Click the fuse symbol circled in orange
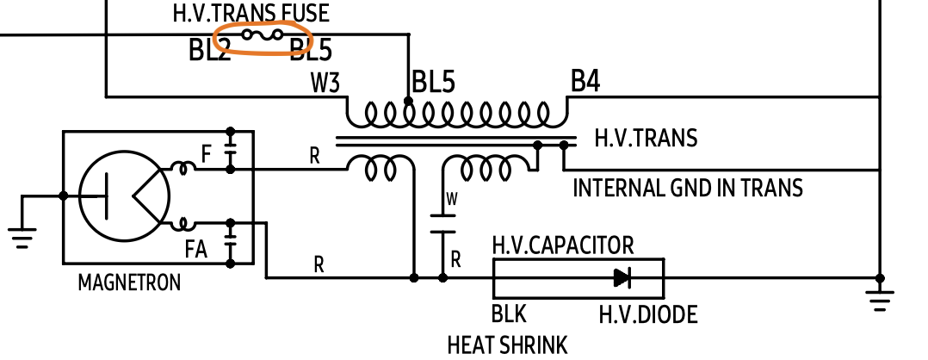click(x=262, y=35)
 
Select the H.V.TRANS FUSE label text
click(x=251, y=13)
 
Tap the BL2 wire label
click(x=209, y=51)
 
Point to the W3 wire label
click(x=325, y=84)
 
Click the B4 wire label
click(x=585, y=82)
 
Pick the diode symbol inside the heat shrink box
click(x=622, y=277)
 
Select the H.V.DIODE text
click(x=647, y=315)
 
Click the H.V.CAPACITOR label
click(x=563, y=245)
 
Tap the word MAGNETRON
click(x=129, y=282)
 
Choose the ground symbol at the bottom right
click(x=880, y=299)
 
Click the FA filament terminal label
click(x=195, y=250)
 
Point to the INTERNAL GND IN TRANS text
click(x=688, y=187)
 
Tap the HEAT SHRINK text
click(x=507, y=345)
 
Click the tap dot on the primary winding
click(x=408, y=102)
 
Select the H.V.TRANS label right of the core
click(x=646, y=138)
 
